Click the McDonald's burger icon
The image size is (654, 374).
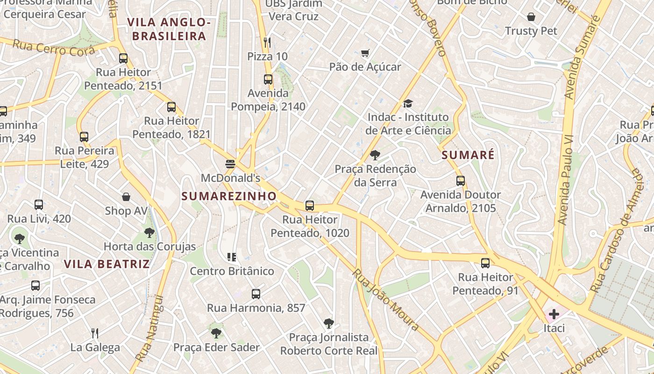[x=230, y=164]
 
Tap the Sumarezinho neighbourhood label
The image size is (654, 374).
[x=229, y=196]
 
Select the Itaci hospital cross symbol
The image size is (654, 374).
[x=554, y=314]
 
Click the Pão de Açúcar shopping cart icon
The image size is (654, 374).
[x=365, y=53]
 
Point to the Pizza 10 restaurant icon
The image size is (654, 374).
[x=267, y=43]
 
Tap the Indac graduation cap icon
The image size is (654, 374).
[x=408, y=103]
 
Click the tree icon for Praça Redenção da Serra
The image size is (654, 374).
[x=375, y=155]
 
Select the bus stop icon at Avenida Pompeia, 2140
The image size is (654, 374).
[x=268, y=79]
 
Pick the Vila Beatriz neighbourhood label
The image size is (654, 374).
[x=107, y=264]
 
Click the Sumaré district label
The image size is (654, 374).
[x=468, y=155]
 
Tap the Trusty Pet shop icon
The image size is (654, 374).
[x=531, y=17]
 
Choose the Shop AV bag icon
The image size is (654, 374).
[x=126, y=197]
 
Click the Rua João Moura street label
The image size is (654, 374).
[x=386, y=300]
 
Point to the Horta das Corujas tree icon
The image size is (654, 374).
[x=149, y=232]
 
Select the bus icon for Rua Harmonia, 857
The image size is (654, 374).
[x=256, y=294]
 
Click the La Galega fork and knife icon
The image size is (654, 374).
[x=95, y=333]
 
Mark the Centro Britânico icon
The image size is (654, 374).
[x=232, y=257]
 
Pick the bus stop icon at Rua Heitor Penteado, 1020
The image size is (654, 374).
[x=309, y=206]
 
